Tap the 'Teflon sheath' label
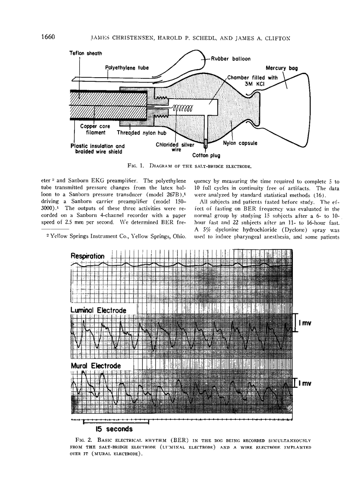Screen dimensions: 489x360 (86, 53)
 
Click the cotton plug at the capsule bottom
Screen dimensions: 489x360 (205, 143)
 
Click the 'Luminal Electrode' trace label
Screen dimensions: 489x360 (98, 310)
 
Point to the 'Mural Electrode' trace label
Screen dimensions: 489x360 (96, 366)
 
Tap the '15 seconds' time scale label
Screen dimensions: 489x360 (114, 428)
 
